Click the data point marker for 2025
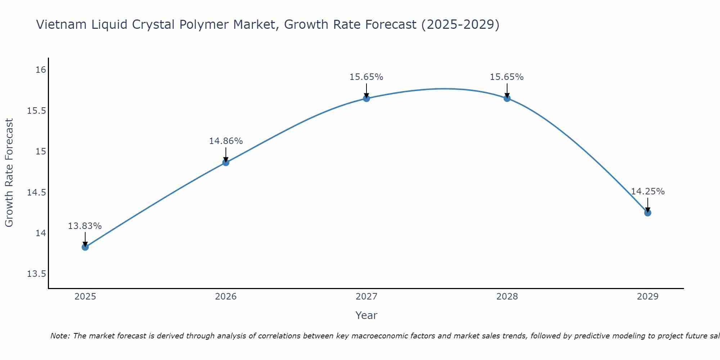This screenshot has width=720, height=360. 85,247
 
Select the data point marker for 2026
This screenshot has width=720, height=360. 226,162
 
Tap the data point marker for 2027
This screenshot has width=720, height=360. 366,98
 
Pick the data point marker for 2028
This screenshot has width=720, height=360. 507,98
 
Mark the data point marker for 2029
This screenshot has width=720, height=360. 648,213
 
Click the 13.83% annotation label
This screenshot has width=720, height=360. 85,226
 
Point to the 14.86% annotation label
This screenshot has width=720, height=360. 226,141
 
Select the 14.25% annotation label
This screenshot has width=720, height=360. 648,192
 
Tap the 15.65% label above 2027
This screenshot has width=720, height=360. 366,77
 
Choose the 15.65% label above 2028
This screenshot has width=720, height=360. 507,77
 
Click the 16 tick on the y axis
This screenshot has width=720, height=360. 41,69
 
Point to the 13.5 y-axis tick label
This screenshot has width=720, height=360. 37,274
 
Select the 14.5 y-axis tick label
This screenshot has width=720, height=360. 37,193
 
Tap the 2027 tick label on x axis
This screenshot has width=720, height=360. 366,297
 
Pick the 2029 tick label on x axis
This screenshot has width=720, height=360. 648,297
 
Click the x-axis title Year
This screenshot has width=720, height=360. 366,315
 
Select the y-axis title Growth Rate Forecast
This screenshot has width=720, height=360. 9,173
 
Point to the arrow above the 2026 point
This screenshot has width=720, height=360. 226,154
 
